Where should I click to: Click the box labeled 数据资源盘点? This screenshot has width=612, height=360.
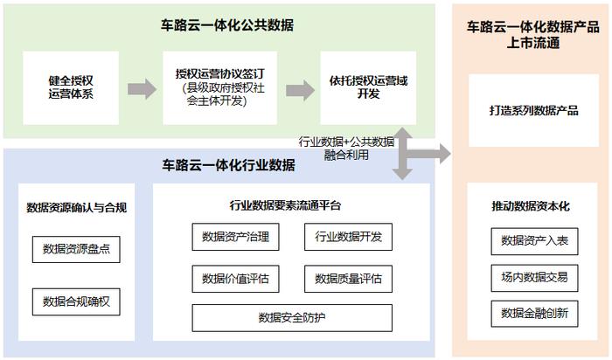76,249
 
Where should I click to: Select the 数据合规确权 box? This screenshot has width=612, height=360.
76,301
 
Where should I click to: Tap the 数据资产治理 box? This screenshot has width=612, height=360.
235,237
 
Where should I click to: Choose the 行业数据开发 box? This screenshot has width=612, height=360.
348,237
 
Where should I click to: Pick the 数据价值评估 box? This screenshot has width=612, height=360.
235,279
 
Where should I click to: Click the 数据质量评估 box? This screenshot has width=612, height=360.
348,279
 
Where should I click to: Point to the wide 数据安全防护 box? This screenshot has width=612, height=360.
292,318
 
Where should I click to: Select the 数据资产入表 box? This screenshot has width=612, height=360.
534,241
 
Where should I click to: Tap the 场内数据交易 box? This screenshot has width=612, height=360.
534,278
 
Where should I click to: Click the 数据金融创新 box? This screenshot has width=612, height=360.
534,314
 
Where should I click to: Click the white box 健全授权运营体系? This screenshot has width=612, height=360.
71,87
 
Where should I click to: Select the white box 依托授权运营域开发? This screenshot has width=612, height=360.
368,87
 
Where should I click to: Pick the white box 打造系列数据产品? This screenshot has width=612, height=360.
533,110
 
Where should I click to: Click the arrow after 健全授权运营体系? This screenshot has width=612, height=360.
142,89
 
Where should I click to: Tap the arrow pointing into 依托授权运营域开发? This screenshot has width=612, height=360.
300,91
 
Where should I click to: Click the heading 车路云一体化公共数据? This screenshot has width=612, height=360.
227,25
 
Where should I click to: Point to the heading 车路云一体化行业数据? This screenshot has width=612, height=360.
228,165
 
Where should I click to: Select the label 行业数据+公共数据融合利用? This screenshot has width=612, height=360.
346,149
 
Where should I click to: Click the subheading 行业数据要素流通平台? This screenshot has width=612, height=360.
285,205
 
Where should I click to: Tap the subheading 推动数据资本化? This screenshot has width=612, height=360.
531,206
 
